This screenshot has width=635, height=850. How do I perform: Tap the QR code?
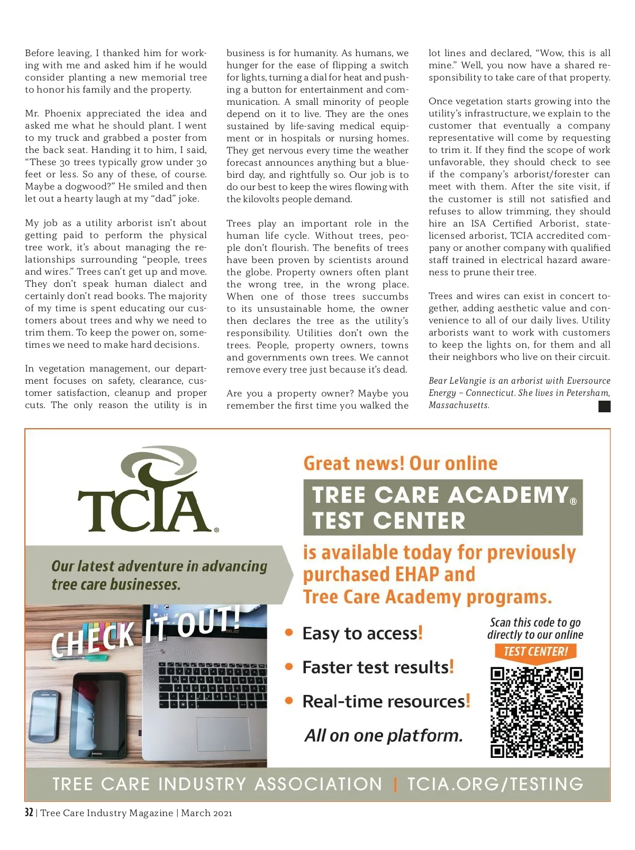click(x=536, y=712)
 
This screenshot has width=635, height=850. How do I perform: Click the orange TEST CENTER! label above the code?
click(x=536, y=652)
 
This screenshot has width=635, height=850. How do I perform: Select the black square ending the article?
click(x=604, y=406)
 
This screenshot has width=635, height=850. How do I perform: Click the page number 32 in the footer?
click(x=29, y=812)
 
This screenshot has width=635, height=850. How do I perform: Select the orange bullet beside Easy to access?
click(x=289, y=632)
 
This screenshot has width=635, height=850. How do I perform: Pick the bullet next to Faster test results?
click(x=289, y=667)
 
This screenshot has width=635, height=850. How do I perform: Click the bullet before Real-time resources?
click(x=289, y=701)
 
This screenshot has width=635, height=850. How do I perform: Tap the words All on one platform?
click(x=383, y=735)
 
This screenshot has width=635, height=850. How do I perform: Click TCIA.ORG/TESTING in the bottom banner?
click(x=495, y=784)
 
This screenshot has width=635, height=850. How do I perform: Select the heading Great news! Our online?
click(x=400, y=463)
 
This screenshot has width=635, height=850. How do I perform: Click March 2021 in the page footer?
click(x=206, y=813)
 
